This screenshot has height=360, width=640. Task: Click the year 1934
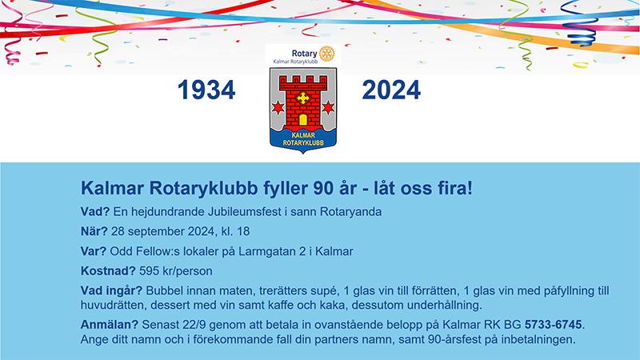tap(206, 90)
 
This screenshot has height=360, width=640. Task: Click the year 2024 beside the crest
tap(391, 90)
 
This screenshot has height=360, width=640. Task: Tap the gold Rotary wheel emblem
tap(326, 54)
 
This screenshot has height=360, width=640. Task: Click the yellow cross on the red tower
tap(303, 98)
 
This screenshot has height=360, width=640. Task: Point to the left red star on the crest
tap(278, 107)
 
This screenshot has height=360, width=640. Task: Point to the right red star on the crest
tap(328, 107)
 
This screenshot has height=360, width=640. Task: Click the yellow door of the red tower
tap(303, 119)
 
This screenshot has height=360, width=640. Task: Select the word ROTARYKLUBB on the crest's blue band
tap(303, 143)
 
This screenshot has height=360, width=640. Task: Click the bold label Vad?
tap(95, 211)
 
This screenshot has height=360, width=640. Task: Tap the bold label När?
tap(94, 231)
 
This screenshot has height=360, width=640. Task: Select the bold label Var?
tap(94, 251)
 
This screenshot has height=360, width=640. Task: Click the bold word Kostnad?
tap(108, 271)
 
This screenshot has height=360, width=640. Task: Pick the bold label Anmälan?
tap(110, 325)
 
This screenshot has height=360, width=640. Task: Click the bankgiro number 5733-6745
tap(553, 325)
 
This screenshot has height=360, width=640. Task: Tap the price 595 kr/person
tap(176, 271)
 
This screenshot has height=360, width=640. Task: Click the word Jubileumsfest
tap(244, 211)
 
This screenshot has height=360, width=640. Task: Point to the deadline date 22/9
tap(194, 325)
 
